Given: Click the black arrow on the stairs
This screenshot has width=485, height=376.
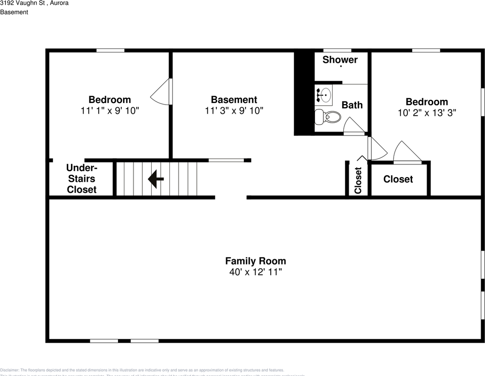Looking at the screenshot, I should (156, 179).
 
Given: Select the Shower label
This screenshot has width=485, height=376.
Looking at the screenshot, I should (340, 60).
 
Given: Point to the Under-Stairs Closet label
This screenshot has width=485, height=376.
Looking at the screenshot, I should (82, 179).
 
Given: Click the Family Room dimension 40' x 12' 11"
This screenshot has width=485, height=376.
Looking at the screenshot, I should (256, 272).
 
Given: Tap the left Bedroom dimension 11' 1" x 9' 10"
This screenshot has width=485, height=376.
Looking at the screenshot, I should (110, 111).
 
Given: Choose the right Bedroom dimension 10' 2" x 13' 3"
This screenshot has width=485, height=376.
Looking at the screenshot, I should (427, 113).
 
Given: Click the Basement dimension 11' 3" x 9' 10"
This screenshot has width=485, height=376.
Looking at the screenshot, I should (234, 111).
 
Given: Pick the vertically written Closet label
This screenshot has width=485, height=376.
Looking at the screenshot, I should (358, 180).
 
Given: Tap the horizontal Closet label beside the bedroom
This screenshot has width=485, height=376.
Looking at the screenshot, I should (398, 179).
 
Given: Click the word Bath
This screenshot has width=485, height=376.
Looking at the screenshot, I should (352, 105).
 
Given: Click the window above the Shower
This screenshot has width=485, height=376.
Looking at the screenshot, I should (337, 51).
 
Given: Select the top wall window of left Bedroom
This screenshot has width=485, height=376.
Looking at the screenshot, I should (110, 51).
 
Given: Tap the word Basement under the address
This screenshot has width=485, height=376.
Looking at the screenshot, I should (14, 12).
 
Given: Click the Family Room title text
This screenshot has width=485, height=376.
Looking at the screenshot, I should (256, 261).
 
